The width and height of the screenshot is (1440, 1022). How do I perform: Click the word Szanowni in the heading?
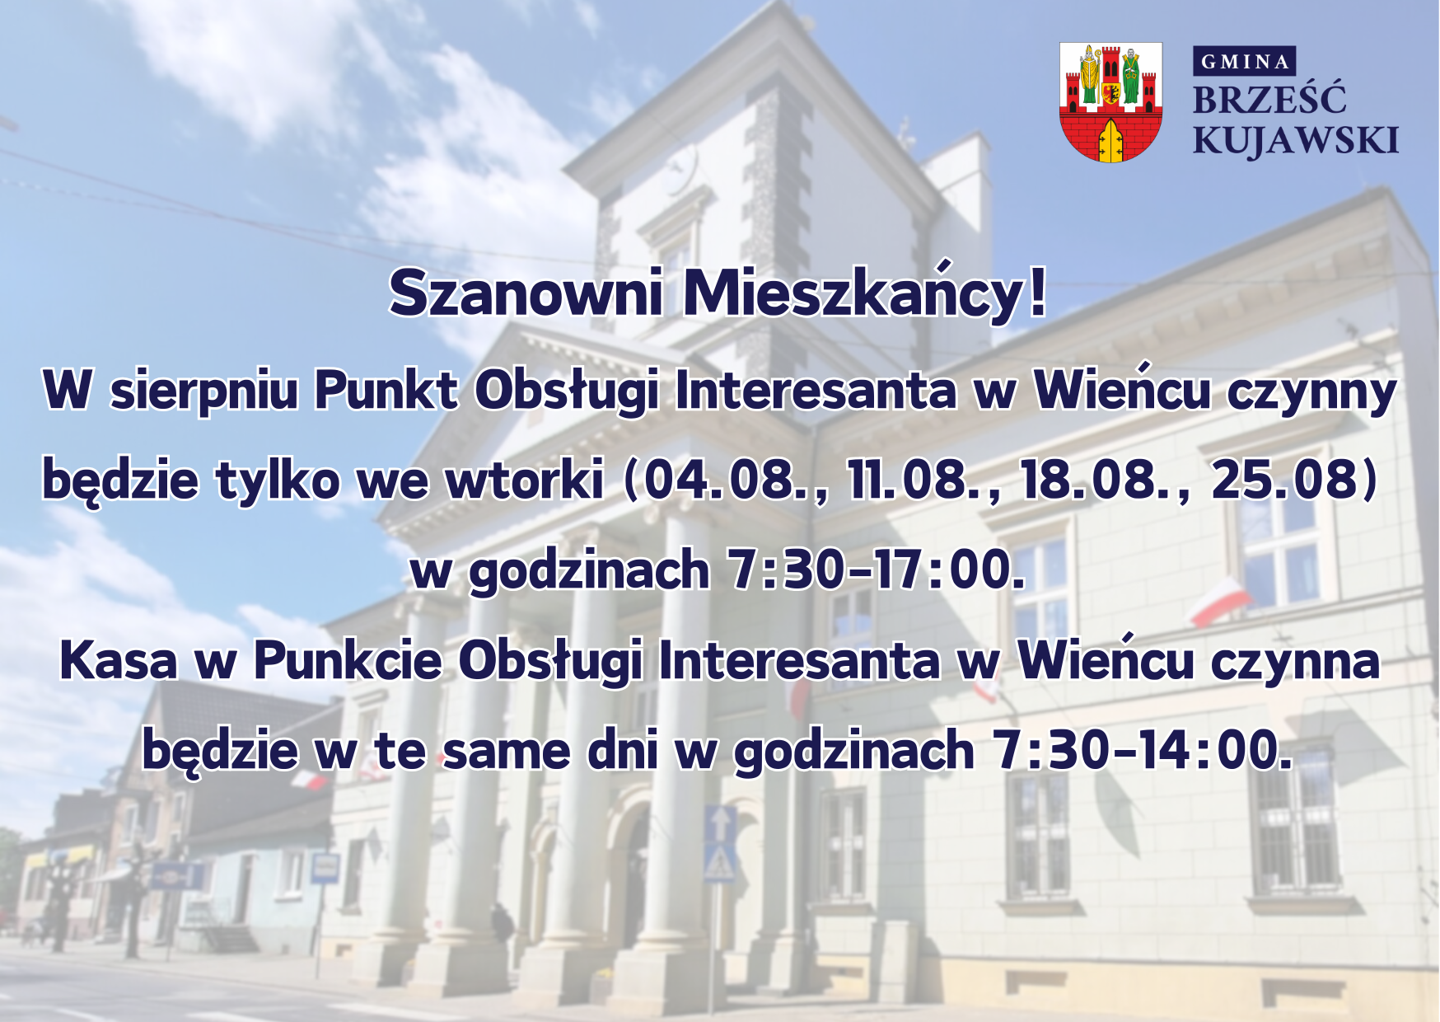coord(526,293)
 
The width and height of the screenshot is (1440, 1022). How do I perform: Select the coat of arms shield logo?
coord(1110,101)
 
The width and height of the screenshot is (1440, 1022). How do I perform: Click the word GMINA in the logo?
coord(1245,62)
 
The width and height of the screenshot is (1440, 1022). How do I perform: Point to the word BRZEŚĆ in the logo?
coord(1269,99)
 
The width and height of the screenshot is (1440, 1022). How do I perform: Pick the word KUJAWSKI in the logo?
coord(1296,141)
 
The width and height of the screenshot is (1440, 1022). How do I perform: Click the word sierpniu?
coord(203,391)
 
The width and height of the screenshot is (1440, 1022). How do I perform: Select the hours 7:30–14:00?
coord(1142,750)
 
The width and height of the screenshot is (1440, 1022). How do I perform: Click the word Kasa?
coord(119,660)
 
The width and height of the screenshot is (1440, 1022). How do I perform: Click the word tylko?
coord(278,479)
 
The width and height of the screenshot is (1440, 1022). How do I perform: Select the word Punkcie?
coord(347,659)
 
